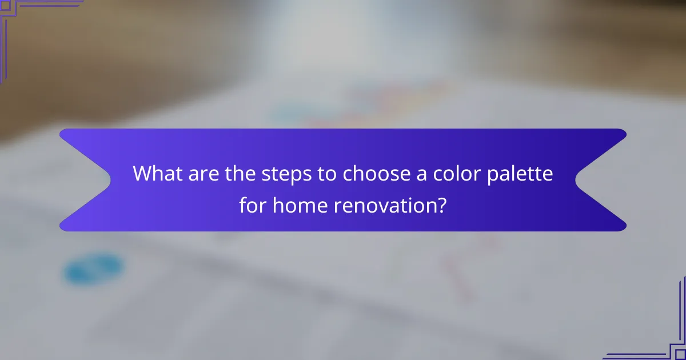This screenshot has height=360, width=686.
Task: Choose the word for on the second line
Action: pyautogui.click(x=253, y=204)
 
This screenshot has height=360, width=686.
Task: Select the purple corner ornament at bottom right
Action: pyautogui.click(x=663, y=337)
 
